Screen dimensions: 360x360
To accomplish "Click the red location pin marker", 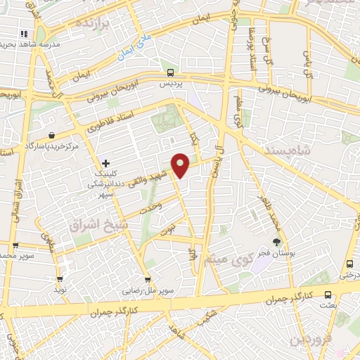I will pyautogui.click(x=181, y=165).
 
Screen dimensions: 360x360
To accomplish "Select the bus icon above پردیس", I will pyautogui.click(x=170, y=72).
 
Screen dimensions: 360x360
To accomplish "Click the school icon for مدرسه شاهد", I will pyautogui.click(x=24, y=33).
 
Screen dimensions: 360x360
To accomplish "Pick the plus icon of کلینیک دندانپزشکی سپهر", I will pyautogui.click(x=105, y=163).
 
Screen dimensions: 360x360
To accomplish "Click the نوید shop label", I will pyautogui.click(x=61, y=290).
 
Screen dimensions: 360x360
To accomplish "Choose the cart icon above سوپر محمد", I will pyautogui.click(x=15, y=245).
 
